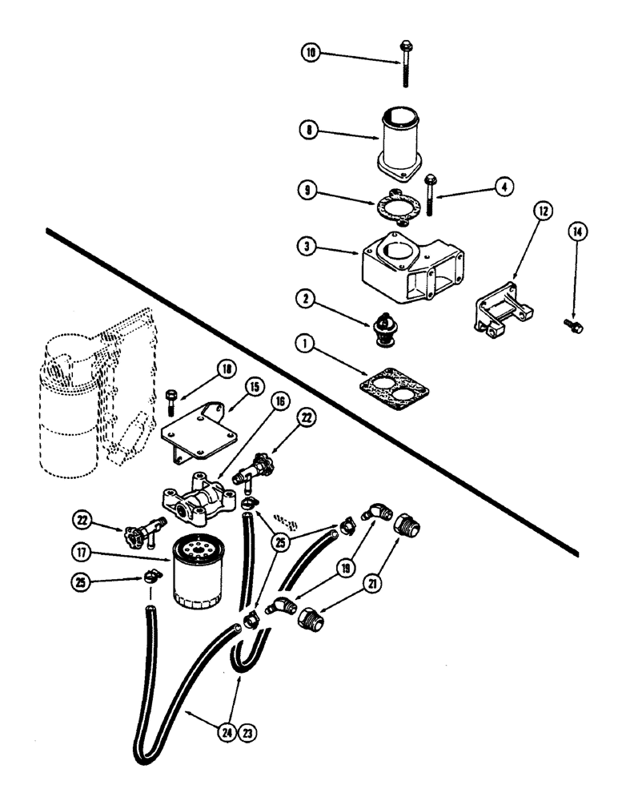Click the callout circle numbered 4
[x=503, y=187]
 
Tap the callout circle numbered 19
[x=343, y=568]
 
